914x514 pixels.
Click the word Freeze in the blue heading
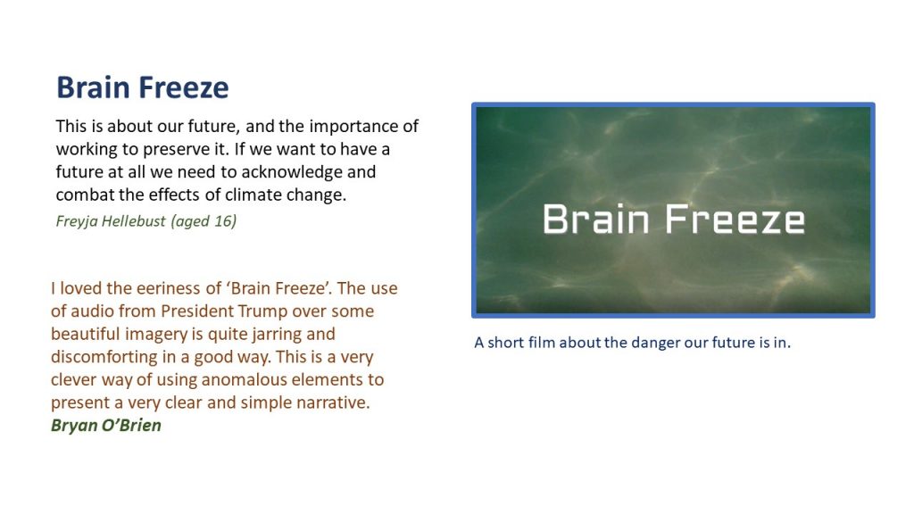pos(184,87)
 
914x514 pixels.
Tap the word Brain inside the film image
pos(595,220)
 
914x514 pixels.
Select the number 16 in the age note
pos(223,221)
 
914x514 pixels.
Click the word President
pos(197,311)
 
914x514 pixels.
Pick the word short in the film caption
pos(506,342)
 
